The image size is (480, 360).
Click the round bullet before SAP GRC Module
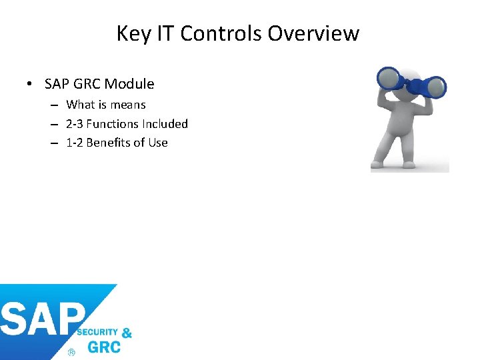[30, 85]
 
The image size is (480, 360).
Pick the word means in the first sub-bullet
[127, 105]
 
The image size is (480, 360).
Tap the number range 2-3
[74, 124]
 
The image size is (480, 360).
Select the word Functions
[113, 124]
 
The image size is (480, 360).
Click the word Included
[165, 124]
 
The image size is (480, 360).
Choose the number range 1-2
[74, 143]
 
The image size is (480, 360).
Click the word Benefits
[109, 143]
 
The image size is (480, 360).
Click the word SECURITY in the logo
[98, 332]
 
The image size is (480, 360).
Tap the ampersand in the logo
[127, 333]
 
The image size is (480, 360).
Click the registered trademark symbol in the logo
[71, 351]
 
